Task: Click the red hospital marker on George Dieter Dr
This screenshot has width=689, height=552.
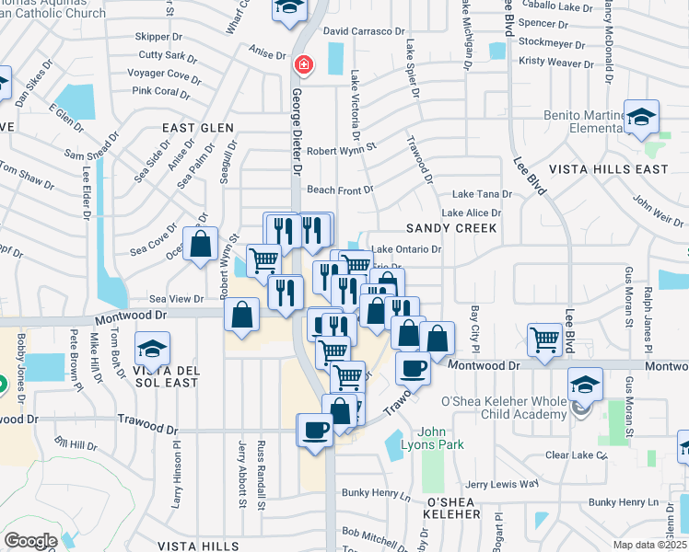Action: (303, 65)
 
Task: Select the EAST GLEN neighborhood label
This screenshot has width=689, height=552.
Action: (198, 128)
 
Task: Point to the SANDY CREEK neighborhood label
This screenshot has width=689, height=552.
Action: (452, 227)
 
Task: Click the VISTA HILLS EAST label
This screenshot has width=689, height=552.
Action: (609, 169)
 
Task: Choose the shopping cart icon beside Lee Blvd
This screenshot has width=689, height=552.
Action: (544, 339)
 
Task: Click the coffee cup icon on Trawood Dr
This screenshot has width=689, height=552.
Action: (314, 430)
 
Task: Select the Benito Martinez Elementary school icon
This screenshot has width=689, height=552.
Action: (641, 118)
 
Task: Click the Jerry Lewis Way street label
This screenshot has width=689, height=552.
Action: (502, 484)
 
